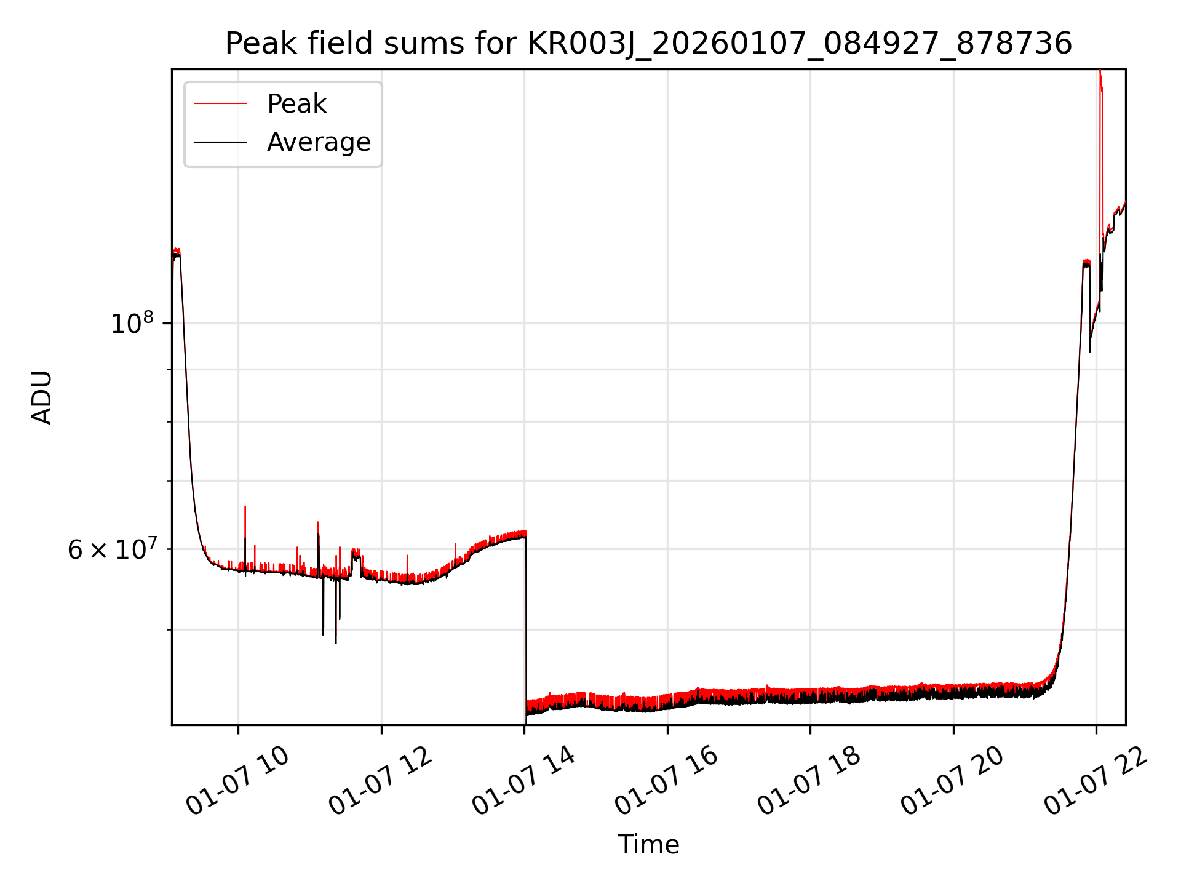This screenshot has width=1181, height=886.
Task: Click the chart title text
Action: [x=648, y=44]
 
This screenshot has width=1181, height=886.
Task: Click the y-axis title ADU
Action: [x=42, y=397]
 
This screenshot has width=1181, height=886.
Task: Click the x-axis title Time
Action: [x=648, y=845]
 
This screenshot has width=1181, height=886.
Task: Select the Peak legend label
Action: [x=296, y=104]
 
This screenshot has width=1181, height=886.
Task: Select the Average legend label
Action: [x=319, y=142]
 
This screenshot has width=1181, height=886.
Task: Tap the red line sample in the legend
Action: [x=220, y=104]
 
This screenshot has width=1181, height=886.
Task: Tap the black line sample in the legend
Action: [x=220, y=142]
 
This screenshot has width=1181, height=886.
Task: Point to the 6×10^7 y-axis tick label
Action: [x=112, y=549]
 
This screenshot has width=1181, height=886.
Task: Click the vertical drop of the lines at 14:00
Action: [x=526, y=621]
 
